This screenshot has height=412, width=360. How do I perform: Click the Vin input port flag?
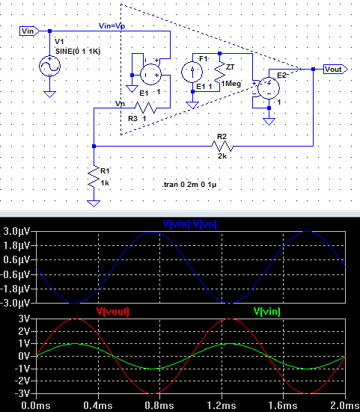pos(29,31)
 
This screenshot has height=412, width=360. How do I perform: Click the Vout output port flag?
pos(335,69)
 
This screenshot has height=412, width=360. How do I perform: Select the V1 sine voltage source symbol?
pos(49,67)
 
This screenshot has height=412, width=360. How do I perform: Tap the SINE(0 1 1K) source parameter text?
pos(78,51)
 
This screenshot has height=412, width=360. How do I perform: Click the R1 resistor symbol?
pos(94,176)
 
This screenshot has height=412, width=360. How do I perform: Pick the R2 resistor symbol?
pos(222,146)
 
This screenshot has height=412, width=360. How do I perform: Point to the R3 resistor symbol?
pos(146,108)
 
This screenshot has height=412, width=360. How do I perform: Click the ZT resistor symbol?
pos(220,73)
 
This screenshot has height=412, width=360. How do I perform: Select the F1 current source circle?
pos(192,72)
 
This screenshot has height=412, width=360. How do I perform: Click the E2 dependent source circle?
pos(269,88)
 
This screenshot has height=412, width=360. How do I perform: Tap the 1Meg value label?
pos(231,84)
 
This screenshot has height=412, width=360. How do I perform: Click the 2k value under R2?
pos(222,156)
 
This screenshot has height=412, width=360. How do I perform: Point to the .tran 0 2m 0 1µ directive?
pos(189,185)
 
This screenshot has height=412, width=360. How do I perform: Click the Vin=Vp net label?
pos(112,25)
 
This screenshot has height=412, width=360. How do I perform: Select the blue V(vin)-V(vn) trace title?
pos(190,224)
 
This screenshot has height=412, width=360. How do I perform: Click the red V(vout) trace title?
pos(113,311)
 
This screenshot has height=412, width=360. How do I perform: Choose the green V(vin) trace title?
pos(267,311)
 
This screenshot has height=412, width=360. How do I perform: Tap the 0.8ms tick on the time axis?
pos(159,405)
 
